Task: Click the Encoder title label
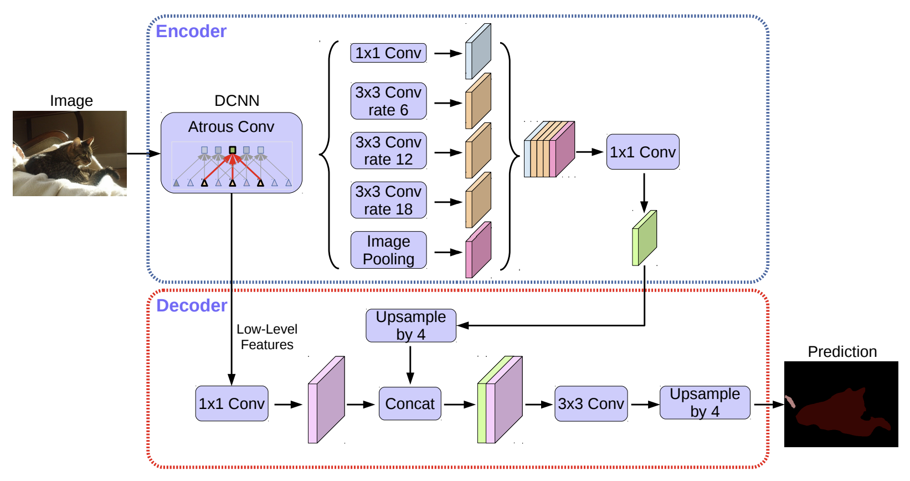click(191, 31)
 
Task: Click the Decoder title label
click(191, 305)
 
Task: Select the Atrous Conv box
click(232, 152)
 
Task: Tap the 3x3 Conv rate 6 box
click(388, 101)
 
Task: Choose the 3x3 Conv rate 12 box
click(388, 151)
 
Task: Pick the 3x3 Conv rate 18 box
click(388, 200)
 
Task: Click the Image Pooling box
click(388, 250)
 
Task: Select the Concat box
click(410, 404)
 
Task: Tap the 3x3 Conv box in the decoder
click(591, 404)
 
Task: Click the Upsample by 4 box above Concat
click(411, 326)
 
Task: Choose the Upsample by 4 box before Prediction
click(705, 402)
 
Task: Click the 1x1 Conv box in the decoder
click(232, 404)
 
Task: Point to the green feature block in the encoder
click(644, 238)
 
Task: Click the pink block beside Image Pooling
click(478, 250)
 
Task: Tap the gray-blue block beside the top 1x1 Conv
click(478, 51)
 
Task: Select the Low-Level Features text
click(267, 337)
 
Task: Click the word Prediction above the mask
click(842, 352)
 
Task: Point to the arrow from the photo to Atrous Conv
click(144, 153)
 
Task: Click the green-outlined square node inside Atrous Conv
click(233, 150)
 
